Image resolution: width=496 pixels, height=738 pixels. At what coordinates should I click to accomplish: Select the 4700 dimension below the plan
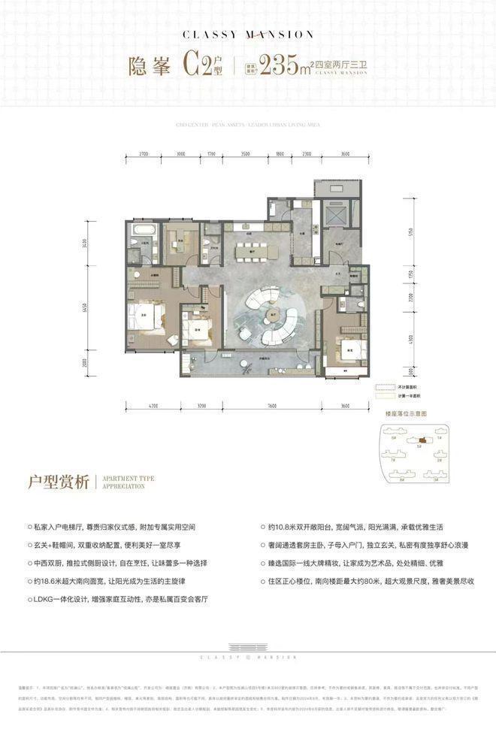click(153, 406)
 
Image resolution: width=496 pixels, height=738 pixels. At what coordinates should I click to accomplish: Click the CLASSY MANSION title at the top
click(247, 34)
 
